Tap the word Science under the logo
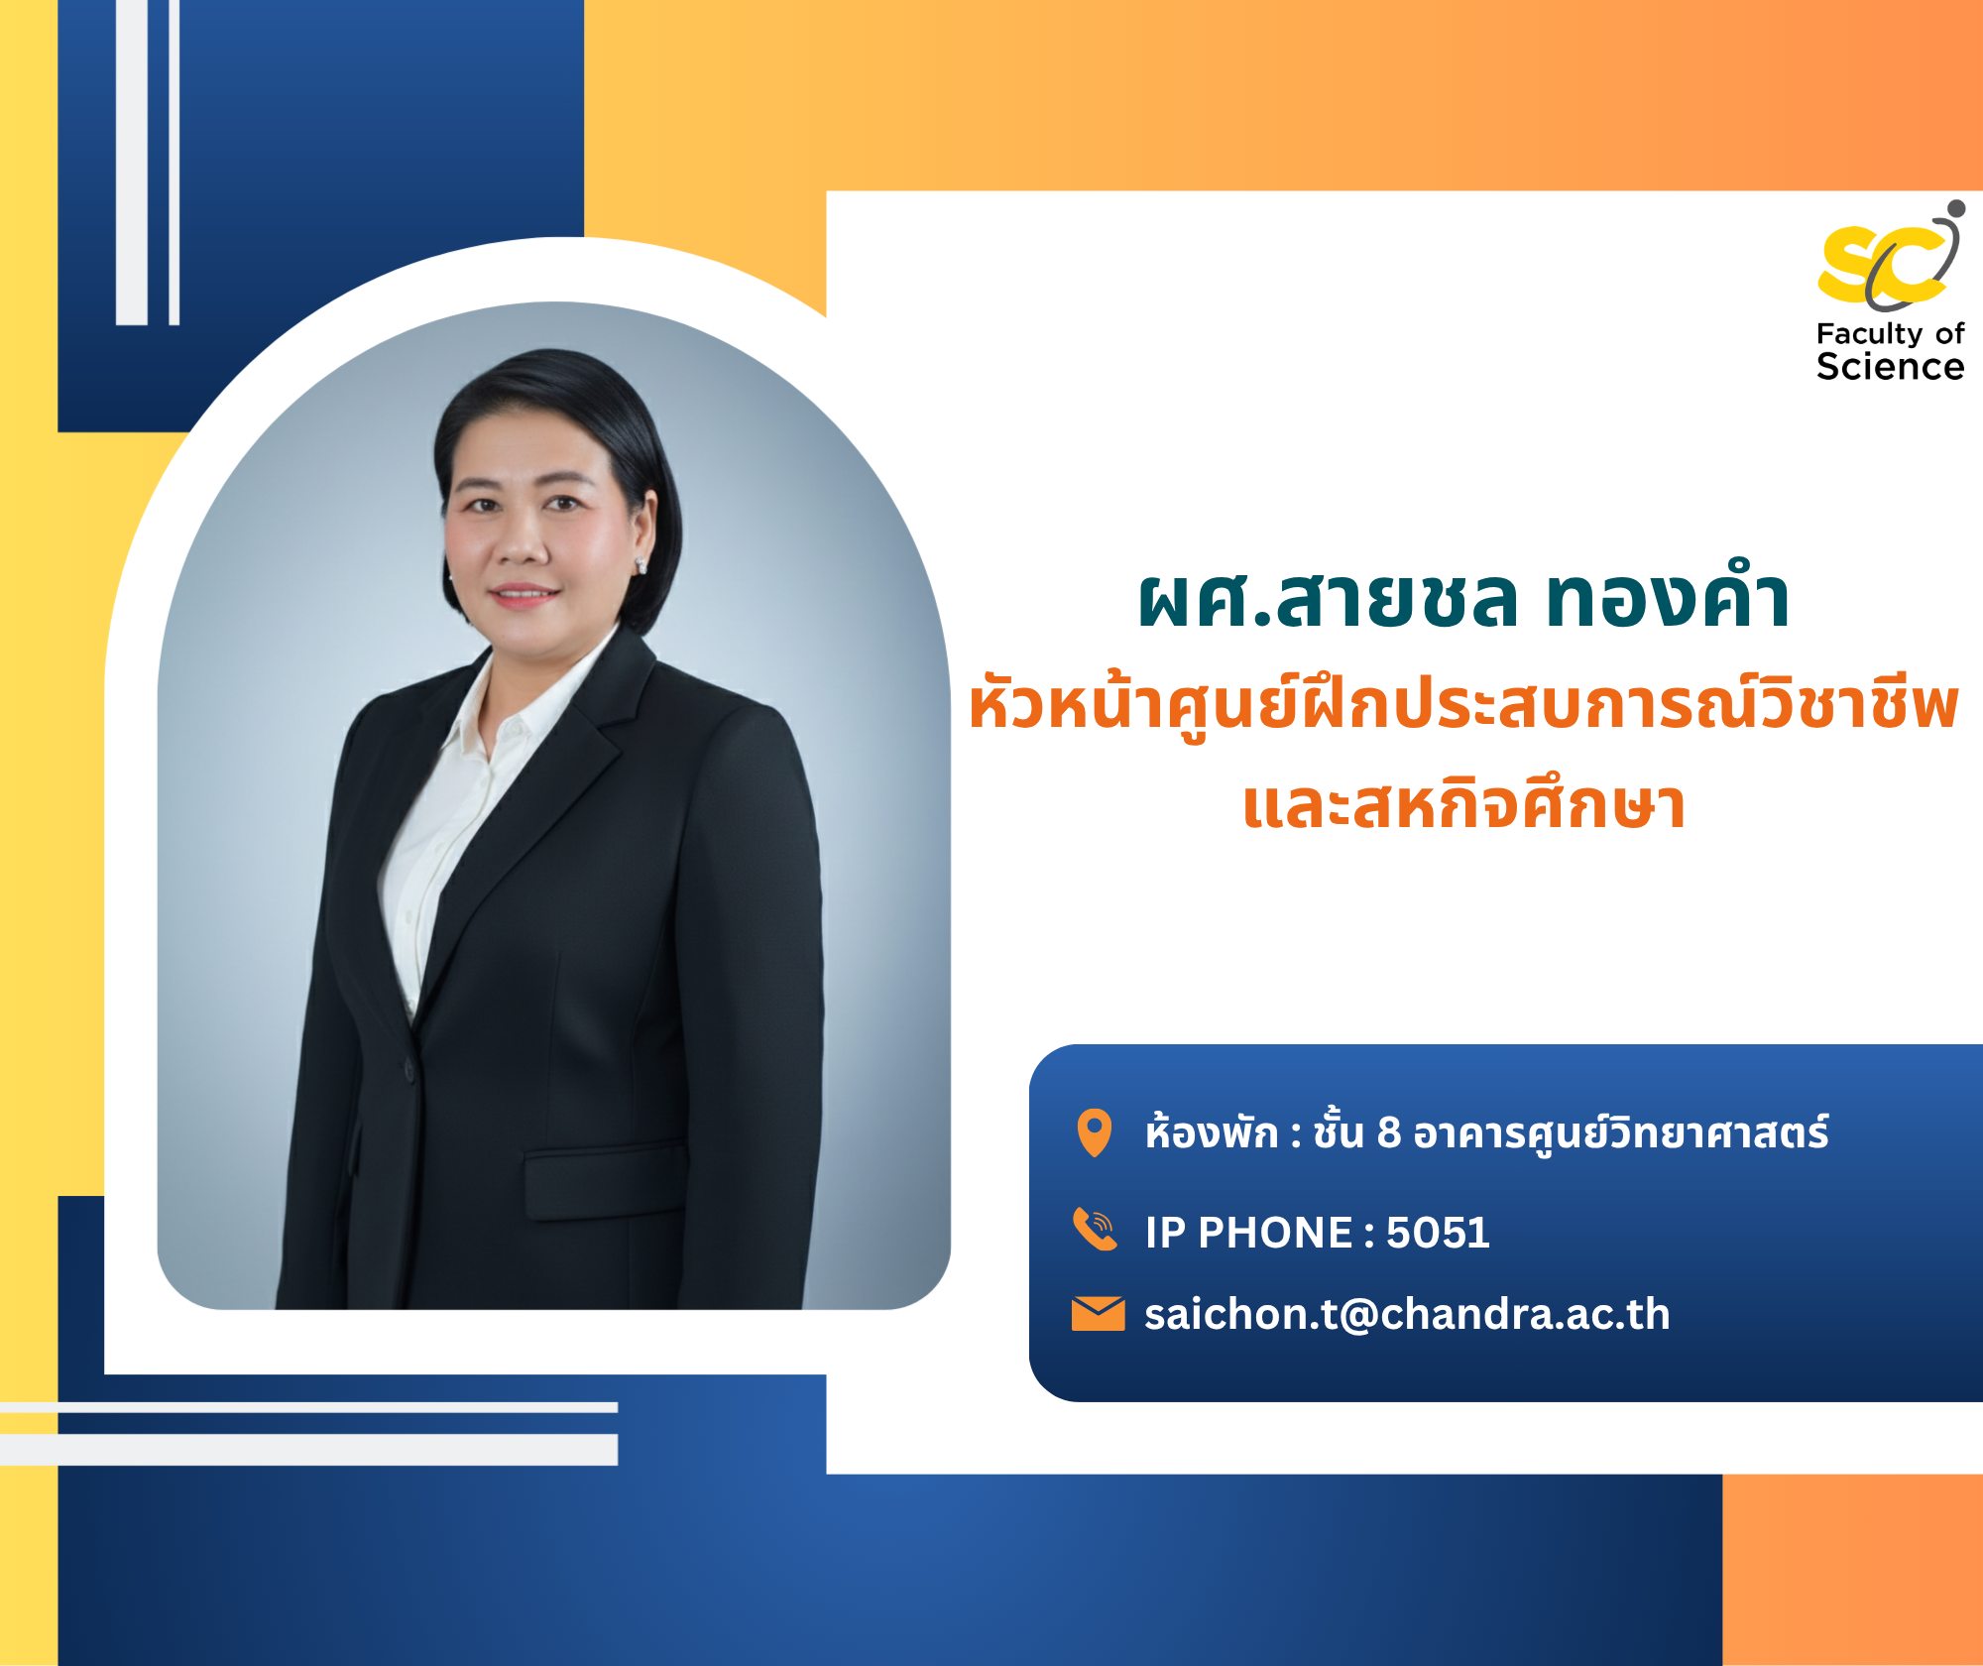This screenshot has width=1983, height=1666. point(1890,367)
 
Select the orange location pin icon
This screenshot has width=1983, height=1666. point(1095,1132)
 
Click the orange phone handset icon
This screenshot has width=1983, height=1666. point(1095,1230)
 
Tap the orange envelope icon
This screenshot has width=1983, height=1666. point(1098,1314)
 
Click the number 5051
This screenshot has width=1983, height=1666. point(1438,1233)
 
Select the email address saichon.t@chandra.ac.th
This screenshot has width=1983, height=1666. point(1407,1314)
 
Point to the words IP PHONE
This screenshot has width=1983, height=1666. point(1248,1233)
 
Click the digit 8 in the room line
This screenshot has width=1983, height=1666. point(1389,1132)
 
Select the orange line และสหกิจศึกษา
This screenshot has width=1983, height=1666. point(1463,804)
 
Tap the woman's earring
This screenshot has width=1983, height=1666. point(641,565)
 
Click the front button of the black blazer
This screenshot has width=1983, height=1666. point(408,1069)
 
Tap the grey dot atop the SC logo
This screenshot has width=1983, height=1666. point(1956,209)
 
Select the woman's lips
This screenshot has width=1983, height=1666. point(524,595)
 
